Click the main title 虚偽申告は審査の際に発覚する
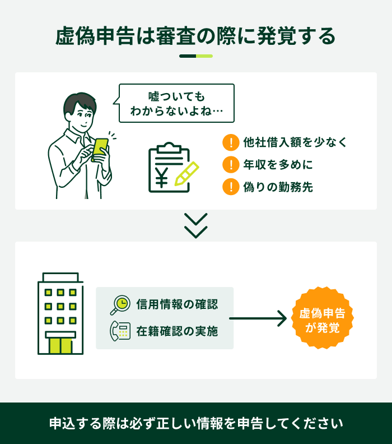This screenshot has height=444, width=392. [x=195, y=36]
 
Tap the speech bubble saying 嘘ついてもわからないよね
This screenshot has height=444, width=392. [x=176, y=103]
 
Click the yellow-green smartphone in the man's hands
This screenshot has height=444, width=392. [x=100, y=150]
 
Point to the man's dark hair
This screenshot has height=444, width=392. [x=79, y=102]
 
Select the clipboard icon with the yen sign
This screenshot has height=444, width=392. [x=169, y=168]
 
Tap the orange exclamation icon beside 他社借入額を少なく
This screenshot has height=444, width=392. [x=231, y=142]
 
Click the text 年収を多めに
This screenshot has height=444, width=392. [x=278, y=164]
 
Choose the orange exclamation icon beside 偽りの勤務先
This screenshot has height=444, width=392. [x=231, y=187]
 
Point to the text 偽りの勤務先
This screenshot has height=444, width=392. [x=278, y=187]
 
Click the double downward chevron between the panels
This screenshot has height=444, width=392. [x=195, y=226]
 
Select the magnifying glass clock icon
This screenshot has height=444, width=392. [x=120, y=305]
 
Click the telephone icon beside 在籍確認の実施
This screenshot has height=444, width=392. [x=120, y=331]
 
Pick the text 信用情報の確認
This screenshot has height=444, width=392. [x=177, y=304]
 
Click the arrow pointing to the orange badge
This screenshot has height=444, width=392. [x=258, y=318]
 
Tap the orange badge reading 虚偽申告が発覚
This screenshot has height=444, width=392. [x=322, y=318]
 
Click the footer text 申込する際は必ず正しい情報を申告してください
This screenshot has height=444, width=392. [x=196, y=423]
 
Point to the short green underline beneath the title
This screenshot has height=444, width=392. [x=195, y=56]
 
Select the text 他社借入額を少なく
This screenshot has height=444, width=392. [x=295, y=142]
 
